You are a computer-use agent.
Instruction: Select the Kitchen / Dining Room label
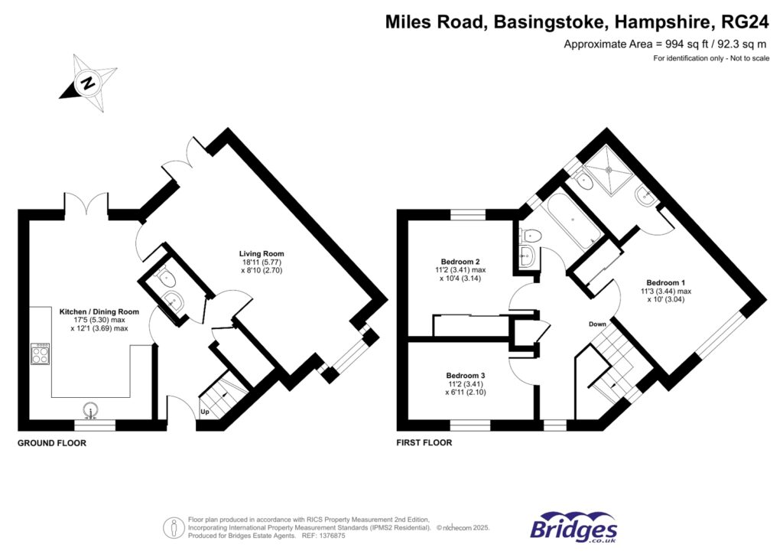tap(99, 312)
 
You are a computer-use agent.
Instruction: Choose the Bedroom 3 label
tap(466, 375)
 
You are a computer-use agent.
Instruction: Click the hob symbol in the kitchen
tap(40, 354)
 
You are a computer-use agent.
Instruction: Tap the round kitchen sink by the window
tap(92, 412)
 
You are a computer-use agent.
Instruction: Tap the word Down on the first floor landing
tap(597, 324)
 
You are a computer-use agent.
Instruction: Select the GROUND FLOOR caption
tap(52, 443)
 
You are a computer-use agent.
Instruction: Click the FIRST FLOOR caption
tap(424, 443)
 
